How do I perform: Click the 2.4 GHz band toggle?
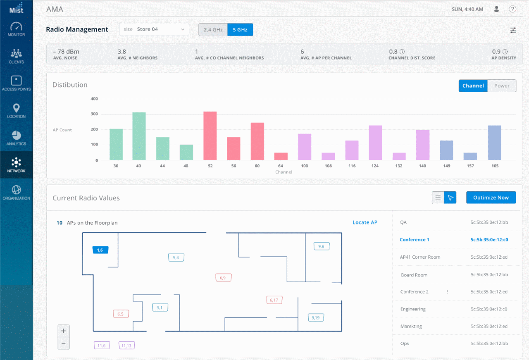(213, 30)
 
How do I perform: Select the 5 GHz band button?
(240, 30)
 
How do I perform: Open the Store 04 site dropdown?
(154, 29)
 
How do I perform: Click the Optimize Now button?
(491, 198)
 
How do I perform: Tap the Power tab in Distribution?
(502, 86)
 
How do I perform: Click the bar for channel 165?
(494, 143)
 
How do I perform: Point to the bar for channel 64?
(281, 156)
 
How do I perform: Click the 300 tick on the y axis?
(94, 114)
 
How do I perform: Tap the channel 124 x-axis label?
(375, 166)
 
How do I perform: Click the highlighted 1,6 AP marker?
(100, 250)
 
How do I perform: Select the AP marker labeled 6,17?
(274, 300)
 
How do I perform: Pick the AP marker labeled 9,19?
(316, 317)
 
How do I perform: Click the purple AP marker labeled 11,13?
(126, 346)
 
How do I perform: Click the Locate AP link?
(365, 222)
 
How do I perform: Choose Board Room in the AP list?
(414, 275)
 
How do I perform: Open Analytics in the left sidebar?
(16, 138)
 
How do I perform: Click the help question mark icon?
(512, 9)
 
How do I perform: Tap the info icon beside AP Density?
(505, 52)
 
